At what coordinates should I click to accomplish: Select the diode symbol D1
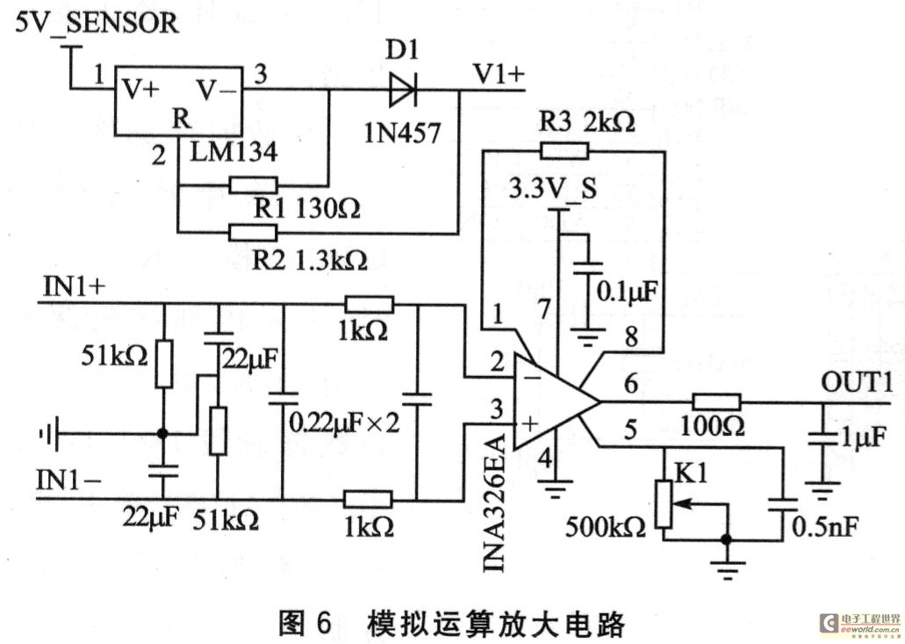coord(404,88)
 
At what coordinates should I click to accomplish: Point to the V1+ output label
coord(498,75)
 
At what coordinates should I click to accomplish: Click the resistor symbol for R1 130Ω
coord(254,185)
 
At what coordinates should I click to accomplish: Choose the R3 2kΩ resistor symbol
coord(564,149)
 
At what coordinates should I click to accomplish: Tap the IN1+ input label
coord(71,286)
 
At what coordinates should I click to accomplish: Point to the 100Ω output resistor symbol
coord(716,402)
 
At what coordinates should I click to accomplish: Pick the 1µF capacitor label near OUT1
coord(866,437)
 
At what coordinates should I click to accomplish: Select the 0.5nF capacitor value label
coord(824,527)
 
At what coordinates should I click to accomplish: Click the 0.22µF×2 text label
coord(345,423)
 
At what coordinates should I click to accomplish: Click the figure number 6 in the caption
coord(320,624)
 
